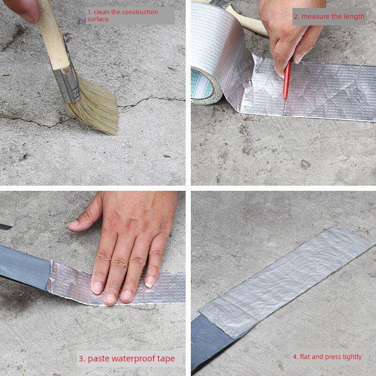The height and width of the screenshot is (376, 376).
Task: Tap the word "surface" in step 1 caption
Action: (x=98, y=19)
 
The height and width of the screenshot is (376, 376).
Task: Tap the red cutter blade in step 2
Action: (x=287, y=79)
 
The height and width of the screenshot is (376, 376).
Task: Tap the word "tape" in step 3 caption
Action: (x=166, y=359)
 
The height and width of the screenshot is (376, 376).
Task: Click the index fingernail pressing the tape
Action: (x=97, y=288)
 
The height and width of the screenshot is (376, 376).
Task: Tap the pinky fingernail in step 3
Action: (x=149, y=282)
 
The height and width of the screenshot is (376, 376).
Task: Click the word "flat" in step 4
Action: (x=305, y=357)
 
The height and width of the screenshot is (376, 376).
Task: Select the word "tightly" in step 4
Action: (x=352, y=357)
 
